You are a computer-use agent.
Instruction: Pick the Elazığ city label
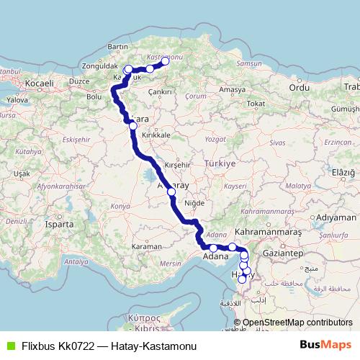(343, 173)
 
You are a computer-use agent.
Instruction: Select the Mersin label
(170, 264)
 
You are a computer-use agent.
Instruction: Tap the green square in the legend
(10, 346)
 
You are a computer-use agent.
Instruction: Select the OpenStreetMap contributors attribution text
(297, 322)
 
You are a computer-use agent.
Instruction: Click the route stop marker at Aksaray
(171, 192)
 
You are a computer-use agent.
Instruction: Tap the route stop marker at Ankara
(132, 125)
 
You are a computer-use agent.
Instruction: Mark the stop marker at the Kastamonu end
(165, 61)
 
